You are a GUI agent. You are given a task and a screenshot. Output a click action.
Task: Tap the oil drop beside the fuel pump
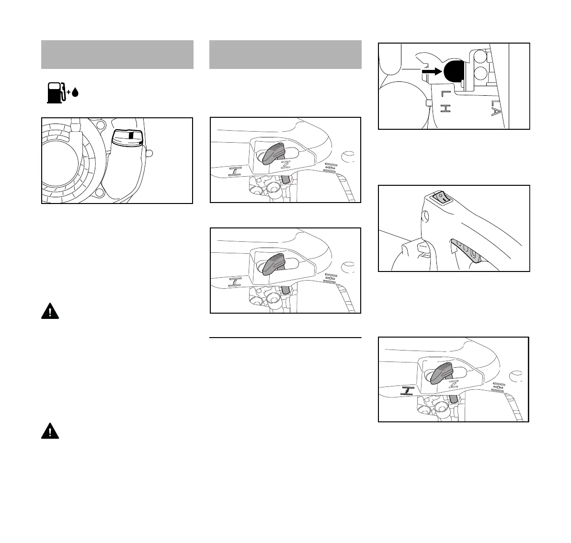coord(75,93)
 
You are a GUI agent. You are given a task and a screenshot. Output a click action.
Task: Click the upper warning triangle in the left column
coord(50,312)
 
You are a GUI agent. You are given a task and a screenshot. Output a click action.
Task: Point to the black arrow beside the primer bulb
coord(431,71)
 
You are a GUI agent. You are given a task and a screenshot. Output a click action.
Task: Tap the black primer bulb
coord(454,71)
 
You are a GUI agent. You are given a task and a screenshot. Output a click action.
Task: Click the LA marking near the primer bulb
coord(496,108)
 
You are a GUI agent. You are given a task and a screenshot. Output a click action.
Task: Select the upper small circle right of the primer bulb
coord(480,58)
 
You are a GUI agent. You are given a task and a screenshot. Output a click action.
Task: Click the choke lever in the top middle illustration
coord(274,152)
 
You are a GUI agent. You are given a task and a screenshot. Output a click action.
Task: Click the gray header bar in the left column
coord(117,55)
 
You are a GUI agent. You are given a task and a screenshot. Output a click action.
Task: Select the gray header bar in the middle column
coord(285,55)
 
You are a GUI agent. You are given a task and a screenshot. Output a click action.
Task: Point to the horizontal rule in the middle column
coord(285,338)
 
